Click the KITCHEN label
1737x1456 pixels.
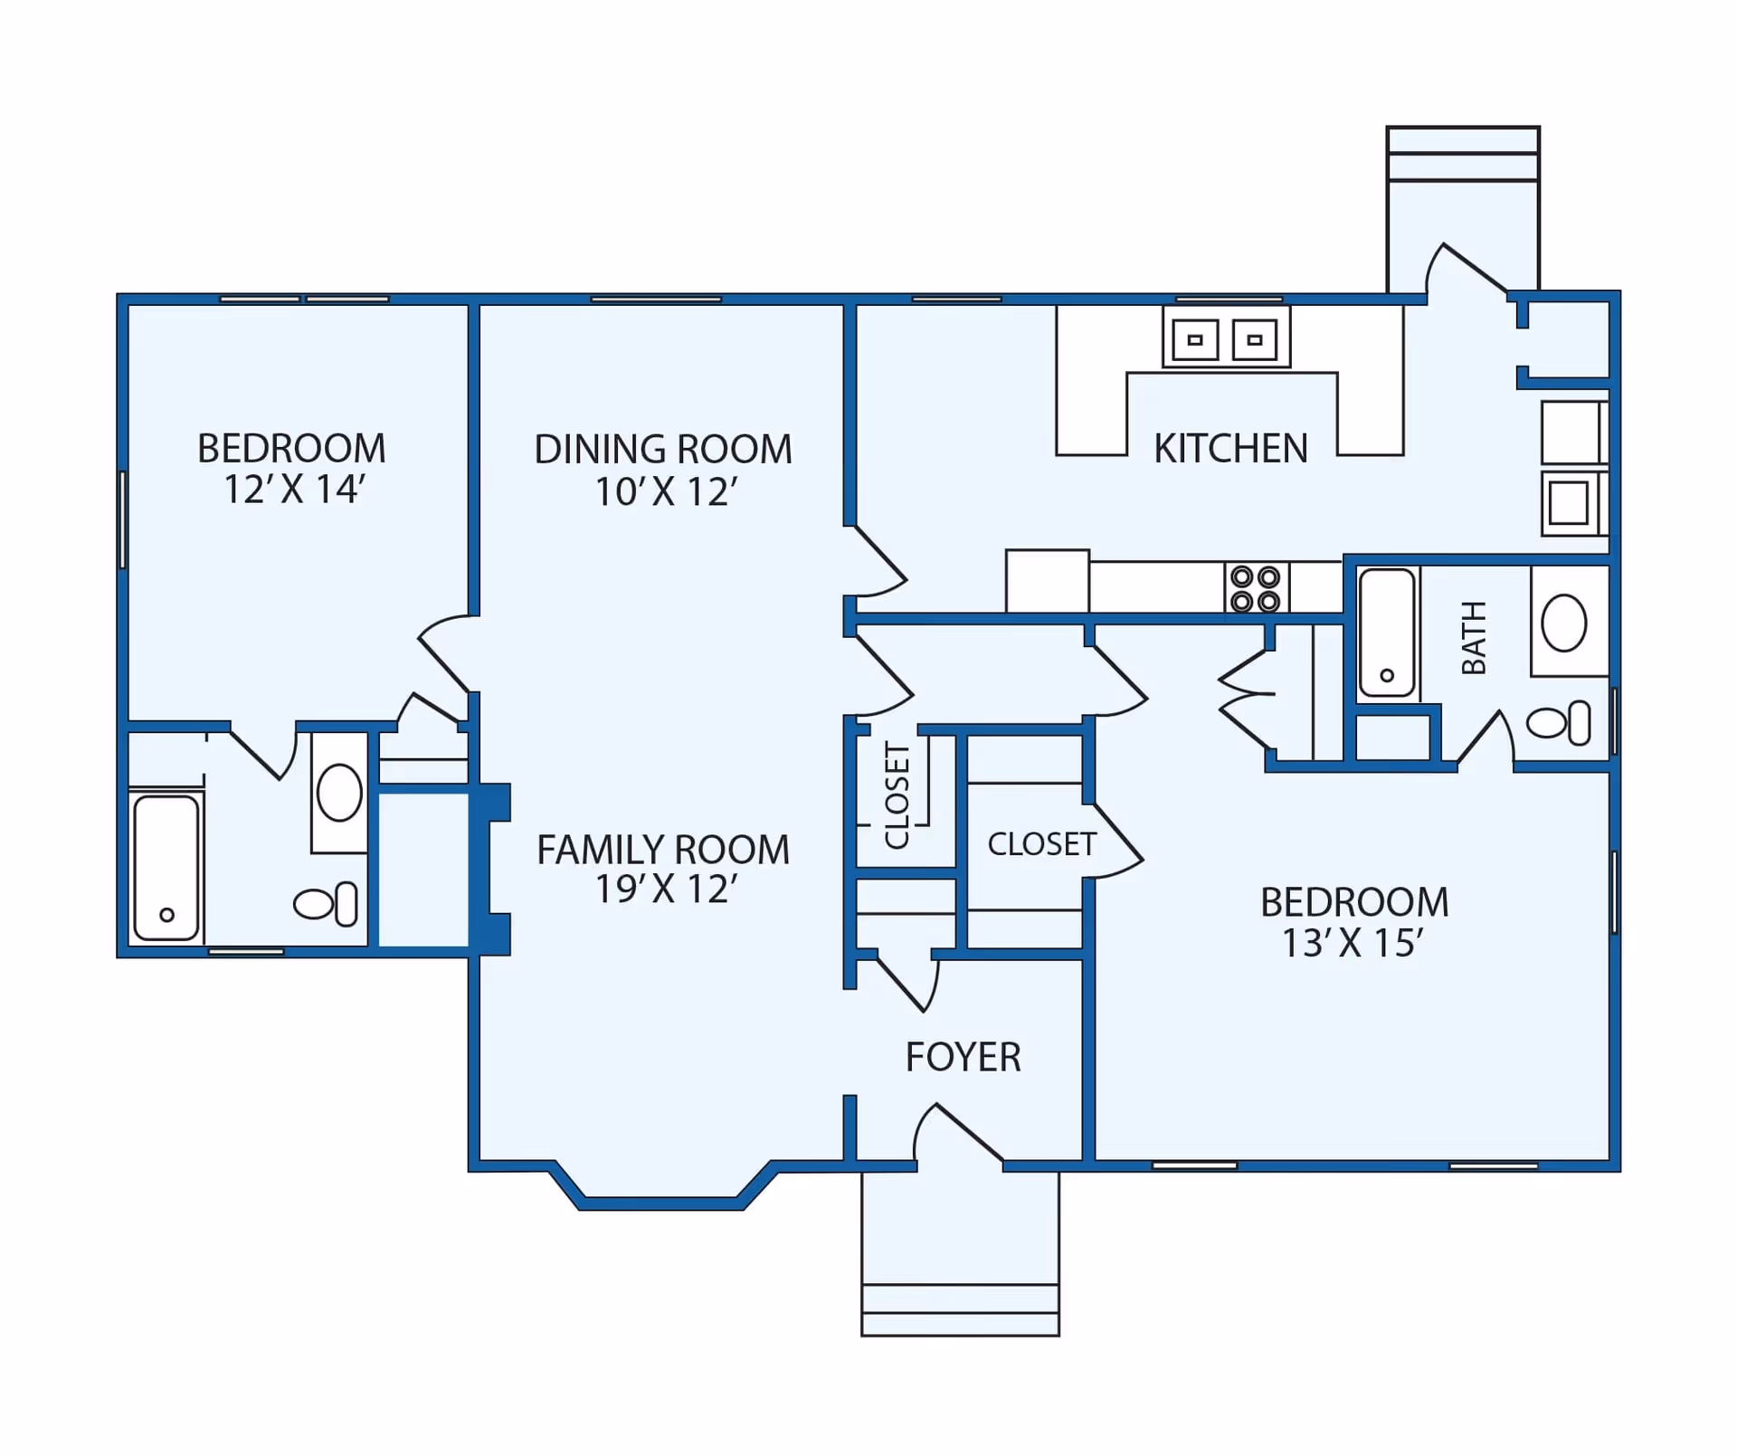(1230, 449)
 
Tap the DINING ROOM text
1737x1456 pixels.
(663, 450)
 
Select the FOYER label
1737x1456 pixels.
(963, 1057)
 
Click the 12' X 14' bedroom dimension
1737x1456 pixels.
(293, 490)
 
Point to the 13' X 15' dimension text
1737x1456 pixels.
(1353, 943)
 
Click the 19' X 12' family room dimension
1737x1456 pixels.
(665, 890)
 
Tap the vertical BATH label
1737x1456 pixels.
(1475, 638)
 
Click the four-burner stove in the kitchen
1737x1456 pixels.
(1256, 588)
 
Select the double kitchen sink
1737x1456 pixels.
(1226, 339)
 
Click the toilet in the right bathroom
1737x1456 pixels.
(1559, 723)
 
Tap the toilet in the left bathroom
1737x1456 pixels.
(326, 904)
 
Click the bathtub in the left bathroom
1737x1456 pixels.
(166, 867)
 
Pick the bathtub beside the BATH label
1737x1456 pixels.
(1386, 632)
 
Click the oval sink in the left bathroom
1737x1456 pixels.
(339, 793)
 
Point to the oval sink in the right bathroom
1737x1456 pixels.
(1563, 623)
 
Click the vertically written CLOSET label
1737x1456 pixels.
(897, 795)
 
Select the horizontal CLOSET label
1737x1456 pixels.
(1041, 844)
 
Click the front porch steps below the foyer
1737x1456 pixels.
(960, 1310)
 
